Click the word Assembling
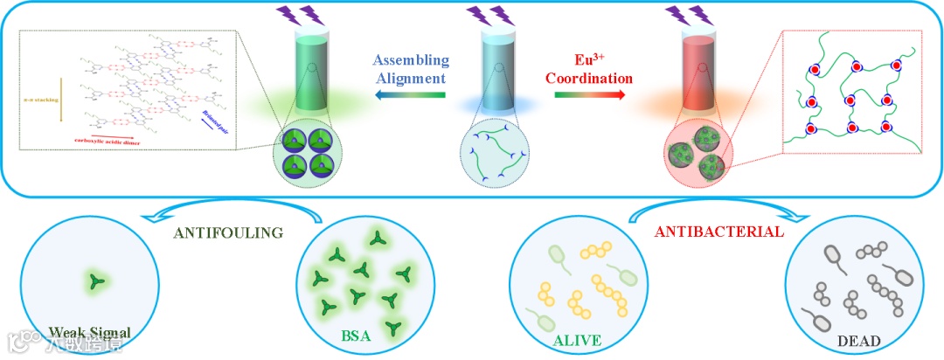(x=411, y=61)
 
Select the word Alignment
(x=411, y=79)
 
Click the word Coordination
(x=589, y=79)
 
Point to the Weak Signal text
(x=90, y=332)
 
